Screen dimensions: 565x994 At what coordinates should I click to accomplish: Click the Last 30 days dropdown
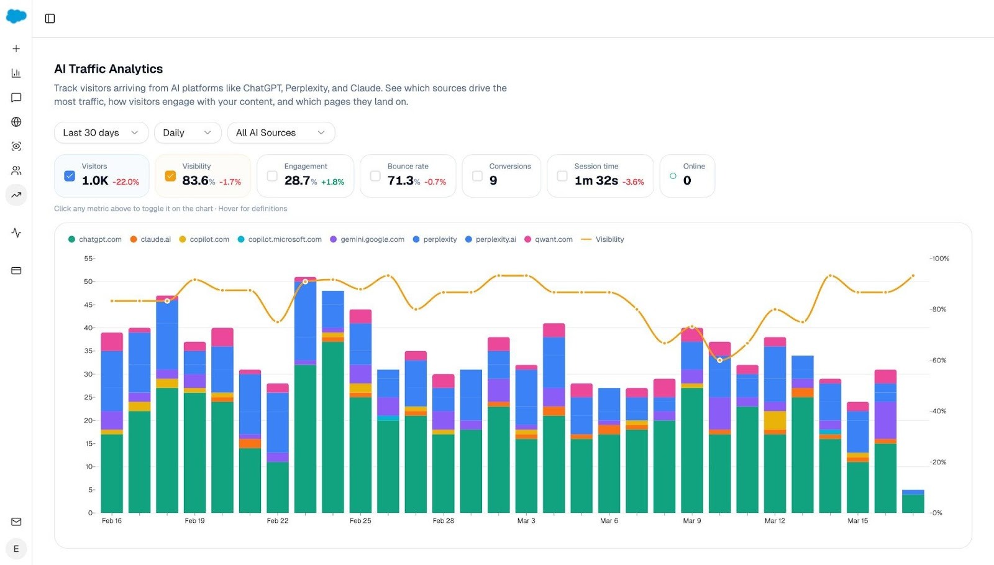coord(101,132)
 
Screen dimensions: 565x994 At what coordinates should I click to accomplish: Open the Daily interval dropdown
coord(187,132)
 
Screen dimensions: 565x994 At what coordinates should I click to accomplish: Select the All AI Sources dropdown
coord(281,132)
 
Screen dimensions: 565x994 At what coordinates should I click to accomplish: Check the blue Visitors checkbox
coord(70,176)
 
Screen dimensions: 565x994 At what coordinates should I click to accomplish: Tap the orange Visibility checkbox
coord(170,176)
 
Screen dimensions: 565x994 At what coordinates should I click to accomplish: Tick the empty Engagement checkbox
coord(272,176)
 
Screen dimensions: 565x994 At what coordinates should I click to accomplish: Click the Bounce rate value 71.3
coord(401,180)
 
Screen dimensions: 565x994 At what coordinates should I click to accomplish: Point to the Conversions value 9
coord(493,180)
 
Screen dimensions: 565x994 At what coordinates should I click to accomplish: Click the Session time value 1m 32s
coord(596,180)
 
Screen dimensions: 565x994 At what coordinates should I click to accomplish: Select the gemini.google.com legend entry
coord(372,239)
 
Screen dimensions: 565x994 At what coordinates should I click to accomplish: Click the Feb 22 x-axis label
coord(278,521)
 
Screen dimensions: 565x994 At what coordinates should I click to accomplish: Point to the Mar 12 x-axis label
coord(775,521)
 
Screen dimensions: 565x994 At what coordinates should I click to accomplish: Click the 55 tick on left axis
coord(88,258)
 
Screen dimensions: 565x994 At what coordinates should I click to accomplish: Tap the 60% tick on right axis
coord(939,361)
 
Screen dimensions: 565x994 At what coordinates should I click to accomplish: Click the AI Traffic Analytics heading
coord(109,69)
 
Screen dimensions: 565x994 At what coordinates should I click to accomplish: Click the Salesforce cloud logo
coord(16,17)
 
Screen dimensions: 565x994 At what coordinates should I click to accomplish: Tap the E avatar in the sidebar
coord(16,549)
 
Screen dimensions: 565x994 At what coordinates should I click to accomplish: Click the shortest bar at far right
coord(913,502)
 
